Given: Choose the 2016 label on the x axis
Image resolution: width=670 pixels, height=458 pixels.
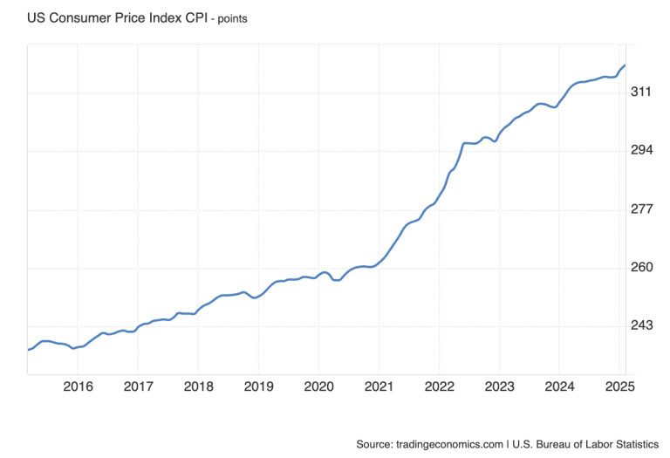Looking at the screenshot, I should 79,386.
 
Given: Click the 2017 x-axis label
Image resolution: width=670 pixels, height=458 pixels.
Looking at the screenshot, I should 138,386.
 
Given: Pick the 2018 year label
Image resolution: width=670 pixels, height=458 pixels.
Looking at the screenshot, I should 199,386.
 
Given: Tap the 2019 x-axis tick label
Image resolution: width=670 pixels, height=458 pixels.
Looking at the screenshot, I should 259,386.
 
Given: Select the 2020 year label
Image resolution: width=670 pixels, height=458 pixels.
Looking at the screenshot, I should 318,386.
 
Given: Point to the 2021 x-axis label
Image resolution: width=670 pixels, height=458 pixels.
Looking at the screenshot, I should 379,386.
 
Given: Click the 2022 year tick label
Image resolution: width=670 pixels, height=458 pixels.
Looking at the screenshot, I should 439,386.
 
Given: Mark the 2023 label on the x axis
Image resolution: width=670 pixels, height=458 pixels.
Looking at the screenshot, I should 500,386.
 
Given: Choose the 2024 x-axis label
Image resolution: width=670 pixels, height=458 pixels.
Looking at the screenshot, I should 560,386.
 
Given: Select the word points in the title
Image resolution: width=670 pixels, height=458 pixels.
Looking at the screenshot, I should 229,18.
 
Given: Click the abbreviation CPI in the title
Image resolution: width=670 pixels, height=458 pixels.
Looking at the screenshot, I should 191,17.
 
